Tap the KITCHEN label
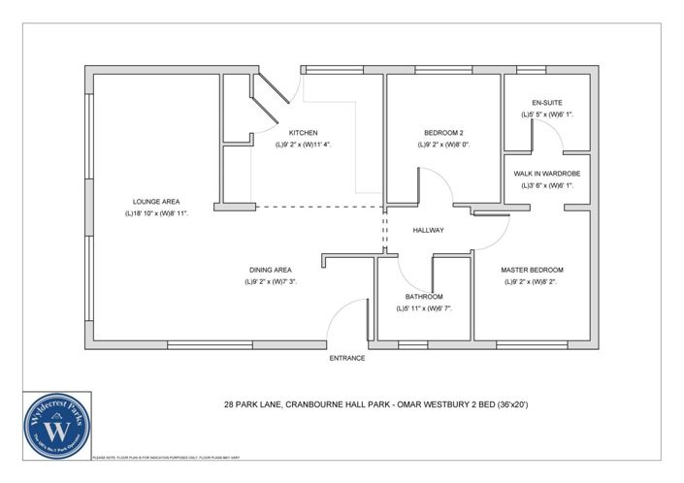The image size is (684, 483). coord(303,133)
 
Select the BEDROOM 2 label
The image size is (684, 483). coord(445,133)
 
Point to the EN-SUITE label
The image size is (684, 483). coord(547,102)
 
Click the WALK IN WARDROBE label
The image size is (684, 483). coord(547,174)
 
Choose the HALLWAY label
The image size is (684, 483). coord(428,230)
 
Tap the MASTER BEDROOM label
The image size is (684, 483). coord(532,270)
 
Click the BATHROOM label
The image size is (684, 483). coord(424,297)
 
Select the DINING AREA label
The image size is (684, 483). coord(269,270)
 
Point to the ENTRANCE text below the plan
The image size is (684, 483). coord(346,358)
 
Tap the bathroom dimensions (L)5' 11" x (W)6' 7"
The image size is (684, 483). coord(424,308)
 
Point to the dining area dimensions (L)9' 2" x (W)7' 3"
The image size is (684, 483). coord(269,281)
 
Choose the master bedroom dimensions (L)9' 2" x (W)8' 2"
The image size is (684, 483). coord(532,281)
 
